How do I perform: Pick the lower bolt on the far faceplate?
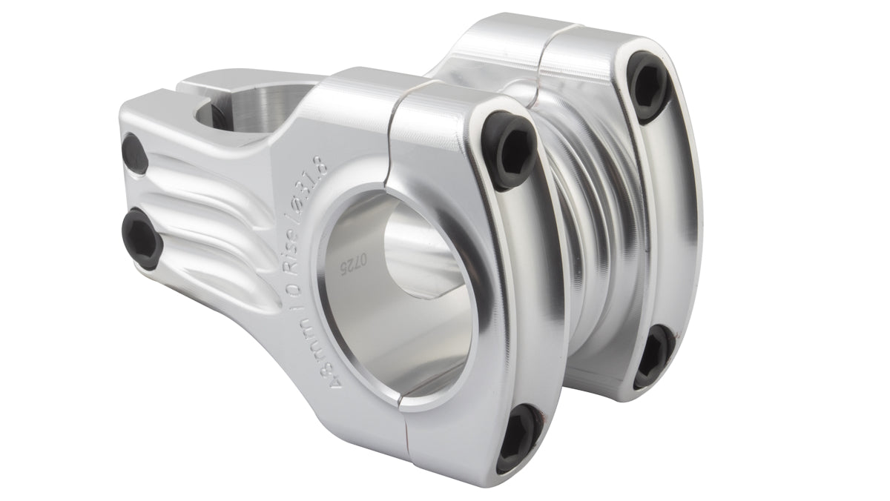653,356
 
